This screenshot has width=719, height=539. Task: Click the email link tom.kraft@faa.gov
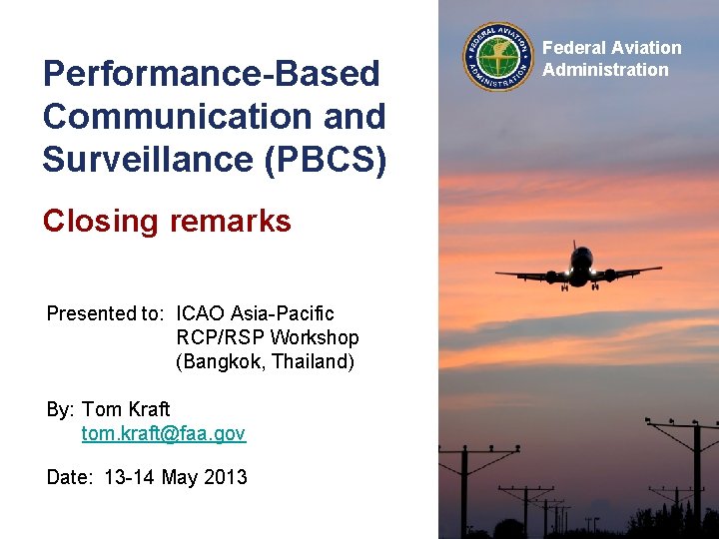(163, 433)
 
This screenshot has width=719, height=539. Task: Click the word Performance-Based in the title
(211, 74)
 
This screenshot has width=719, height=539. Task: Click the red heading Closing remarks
(167, 221)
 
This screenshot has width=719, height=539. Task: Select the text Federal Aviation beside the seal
(611, 48)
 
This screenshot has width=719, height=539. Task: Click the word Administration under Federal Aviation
(605, 70)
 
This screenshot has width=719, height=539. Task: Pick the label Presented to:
(105, 314)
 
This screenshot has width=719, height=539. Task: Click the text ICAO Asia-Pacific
(255, 314)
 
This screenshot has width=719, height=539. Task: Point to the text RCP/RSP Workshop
(267, 338)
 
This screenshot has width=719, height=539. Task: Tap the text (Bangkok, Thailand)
(265, 362)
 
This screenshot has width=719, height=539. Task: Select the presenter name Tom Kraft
(126, 409)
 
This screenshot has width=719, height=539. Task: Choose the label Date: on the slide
(70, 477)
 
